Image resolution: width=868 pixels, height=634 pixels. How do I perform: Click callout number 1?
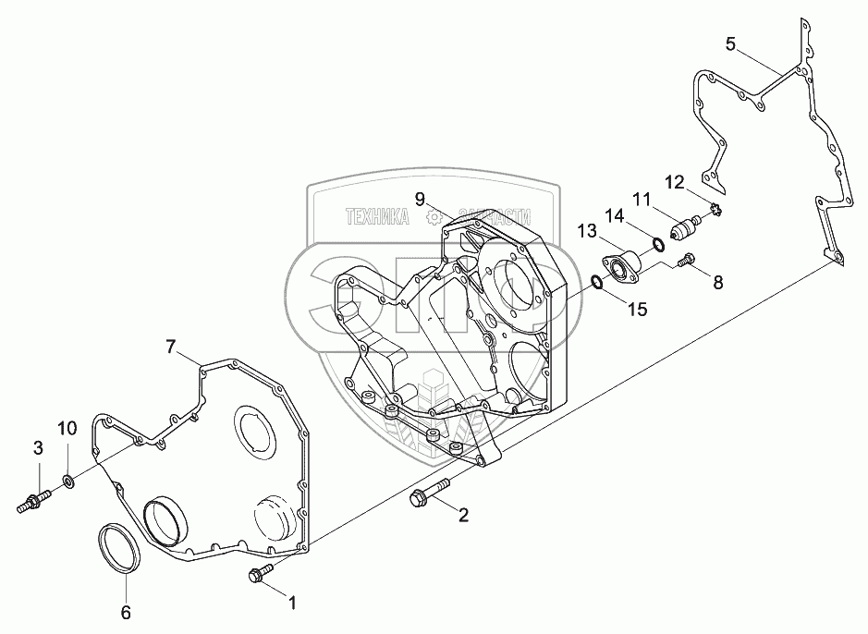[x=293, y=604]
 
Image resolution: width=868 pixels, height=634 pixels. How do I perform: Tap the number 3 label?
[x=38, y=448]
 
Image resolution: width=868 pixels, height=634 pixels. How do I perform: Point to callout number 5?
[x=730, y=43]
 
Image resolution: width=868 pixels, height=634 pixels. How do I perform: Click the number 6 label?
[x=127, y=612]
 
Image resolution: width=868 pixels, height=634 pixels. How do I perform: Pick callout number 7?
[x=170, y=347]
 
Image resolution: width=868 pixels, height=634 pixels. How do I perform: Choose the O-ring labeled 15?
[x=598, y=281]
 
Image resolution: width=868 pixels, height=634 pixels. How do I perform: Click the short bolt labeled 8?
[x=685, y=262]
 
